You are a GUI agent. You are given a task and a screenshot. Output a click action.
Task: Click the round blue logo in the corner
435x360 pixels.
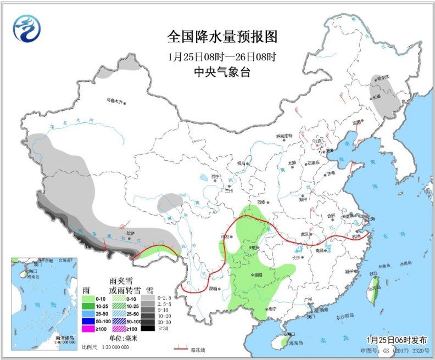coord(27,28)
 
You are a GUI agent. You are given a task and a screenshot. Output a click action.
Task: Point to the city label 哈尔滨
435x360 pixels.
coord(380,78)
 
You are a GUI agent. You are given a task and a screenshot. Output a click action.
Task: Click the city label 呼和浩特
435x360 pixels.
coord(285,136)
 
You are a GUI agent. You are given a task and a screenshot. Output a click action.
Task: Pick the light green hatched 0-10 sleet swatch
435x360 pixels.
coord(118,298)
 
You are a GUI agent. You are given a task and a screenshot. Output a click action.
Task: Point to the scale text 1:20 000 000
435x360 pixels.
coord(114,347)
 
